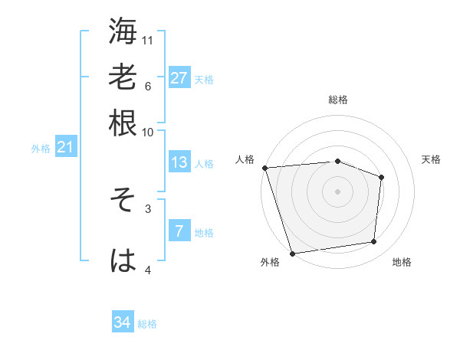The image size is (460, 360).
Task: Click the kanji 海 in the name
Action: point(123,31)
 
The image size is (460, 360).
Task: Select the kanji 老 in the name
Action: point(123,77)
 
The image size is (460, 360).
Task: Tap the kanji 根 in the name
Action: point(123,123)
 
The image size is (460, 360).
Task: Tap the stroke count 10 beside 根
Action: point(148,132)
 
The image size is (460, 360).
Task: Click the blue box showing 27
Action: point(179,78)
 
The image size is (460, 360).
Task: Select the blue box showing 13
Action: point(179,162)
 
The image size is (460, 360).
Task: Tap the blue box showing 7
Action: point(179,231)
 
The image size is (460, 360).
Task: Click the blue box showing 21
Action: point(65,147)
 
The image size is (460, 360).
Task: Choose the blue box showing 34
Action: point(123,322)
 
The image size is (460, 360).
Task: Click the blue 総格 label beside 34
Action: point(147,324)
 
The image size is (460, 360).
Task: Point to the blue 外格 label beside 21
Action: point(41,149)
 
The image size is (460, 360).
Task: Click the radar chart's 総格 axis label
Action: point(338,100)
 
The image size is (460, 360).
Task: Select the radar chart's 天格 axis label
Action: point(431,159)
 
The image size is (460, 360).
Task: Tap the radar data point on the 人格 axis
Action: point(264,167)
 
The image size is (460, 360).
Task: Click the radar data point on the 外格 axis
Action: point(293,252)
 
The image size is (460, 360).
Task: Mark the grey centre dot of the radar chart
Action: point(338,191)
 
